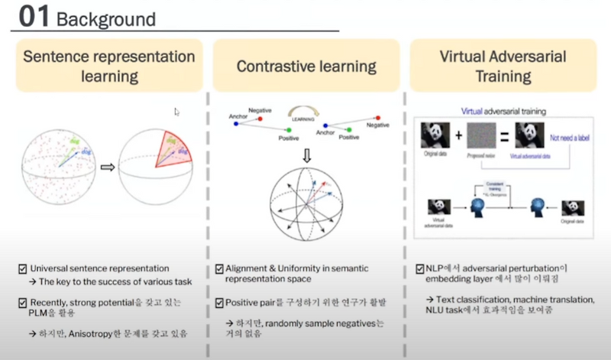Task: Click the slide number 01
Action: click(34, 17)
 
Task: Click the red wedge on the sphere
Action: click(179, 153)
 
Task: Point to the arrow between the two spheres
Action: click(107, 167)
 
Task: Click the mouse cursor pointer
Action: click(177, 112)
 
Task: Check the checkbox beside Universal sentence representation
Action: click(23, 269)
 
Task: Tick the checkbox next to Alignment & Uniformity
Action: click(218, 269)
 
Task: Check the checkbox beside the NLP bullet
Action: click(419, 269)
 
